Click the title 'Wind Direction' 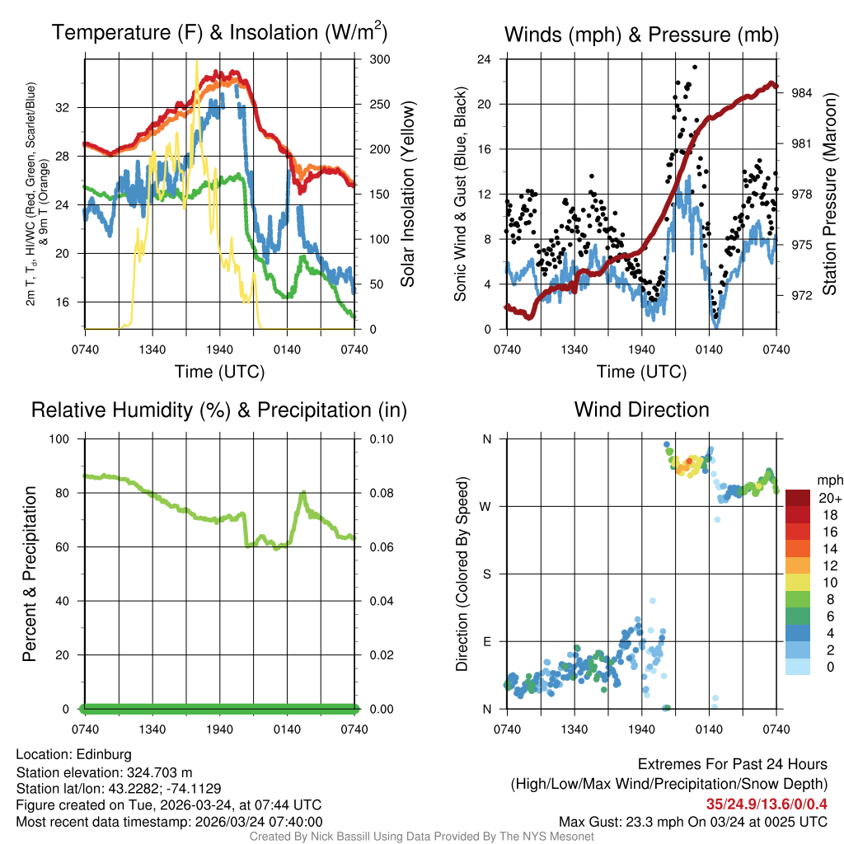(641, 410)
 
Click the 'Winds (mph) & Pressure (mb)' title (641, 35)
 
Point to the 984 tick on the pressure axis (802, 93)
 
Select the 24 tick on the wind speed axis (485, 59)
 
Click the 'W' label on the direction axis (486, 506)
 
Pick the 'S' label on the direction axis (486, 574)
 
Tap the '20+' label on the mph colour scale (829, 499)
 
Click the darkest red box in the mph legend (797, 498)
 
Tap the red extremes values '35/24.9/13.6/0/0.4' (767, 804)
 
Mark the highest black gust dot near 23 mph (695, 68)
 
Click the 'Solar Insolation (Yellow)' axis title (408, 195)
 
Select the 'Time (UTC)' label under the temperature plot (219, 372)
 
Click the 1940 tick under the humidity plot (219, 729)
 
